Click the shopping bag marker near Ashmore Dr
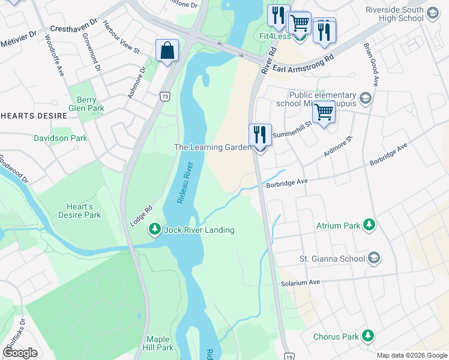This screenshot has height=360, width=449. [x=167, y=50]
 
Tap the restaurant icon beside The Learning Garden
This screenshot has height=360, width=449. [x=260, y=135]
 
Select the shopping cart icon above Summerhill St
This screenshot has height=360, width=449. [x=324, y=112]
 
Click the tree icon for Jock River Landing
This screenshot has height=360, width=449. [x=154, y=229]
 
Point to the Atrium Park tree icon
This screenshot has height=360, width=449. [x=370, y=226]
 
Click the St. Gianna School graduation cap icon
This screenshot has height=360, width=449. [x=374, y=258]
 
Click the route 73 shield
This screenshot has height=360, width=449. [x=164, y=96]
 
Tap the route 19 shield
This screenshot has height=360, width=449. [x=289, y=355]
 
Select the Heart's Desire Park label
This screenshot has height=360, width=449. [x=80, y=210]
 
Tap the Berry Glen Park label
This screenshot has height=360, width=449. [x=86, y=104]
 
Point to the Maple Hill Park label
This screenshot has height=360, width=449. [x=158, y=343]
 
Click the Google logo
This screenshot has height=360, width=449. [x=19, y=353]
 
